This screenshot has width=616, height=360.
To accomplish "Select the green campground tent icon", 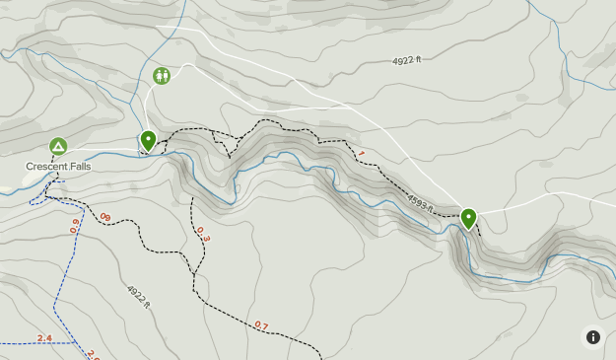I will click(58, 147).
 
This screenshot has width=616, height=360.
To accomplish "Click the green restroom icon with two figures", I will click(162, 75).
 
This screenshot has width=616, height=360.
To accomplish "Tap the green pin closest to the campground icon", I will click(148, 141).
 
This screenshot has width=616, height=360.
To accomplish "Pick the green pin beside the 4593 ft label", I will click(468, 218).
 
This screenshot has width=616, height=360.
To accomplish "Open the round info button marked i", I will click(592, 336).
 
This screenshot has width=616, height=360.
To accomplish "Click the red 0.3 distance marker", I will click(203, 234).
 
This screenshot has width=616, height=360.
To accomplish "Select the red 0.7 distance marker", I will click(261, 324).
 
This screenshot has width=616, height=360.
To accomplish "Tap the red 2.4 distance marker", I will click(44, 338).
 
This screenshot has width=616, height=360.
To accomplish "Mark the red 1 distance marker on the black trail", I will click(361, 154).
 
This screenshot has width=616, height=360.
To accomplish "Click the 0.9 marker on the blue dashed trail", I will click(75, 226).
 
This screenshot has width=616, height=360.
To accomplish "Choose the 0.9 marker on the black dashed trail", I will click(104, 217).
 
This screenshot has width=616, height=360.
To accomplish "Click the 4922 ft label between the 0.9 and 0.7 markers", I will click(138, 296).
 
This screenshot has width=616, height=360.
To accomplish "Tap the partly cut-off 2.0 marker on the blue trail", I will click(93, 354).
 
